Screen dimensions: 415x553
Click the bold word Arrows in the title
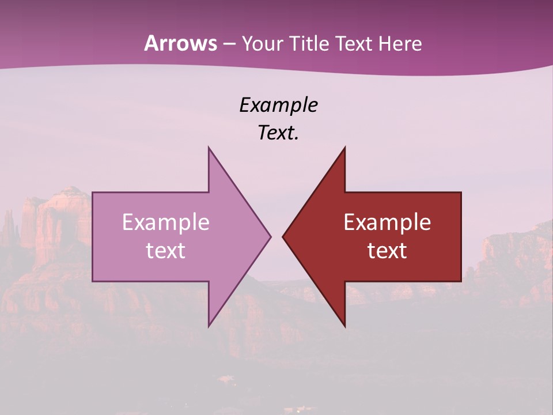click(x=181, y=43)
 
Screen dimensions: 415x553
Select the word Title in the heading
click(x=313, y=44)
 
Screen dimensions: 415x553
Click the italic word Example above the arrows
click(x=279, y=105)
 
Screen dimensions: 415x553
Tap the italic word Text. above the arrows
click(x=279, y=133)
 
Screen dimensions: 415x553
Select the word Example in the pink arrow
click(x=166, y=222)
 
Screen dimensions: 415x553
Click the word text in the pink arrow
click(x=166, y=251)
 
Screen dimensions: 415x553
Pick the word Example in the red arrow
click(x=387, y=222)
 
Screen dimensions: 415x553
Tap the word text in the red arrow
click(x=387, y=251)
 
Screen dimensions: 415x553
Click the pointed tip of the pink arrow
click(x=271, y=236)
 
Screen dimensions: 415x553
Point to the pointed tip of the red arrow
click(x=283, y=236)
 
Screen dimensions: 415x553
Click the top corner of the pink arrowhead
click(x=209, y=147)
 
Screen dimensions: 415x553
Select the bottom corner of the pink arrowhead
click(x=209, y=327)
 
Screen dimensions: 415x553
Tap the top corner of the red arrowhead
click(x=344, y=147)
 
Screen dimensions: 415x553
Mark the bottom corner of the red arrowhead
click(x=344, y=327)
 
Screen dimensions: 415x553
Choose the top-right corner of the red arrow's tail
click(x=461, y=193)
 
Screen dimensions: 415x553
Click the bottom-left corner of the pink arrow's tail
click(x=93, y=281)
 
